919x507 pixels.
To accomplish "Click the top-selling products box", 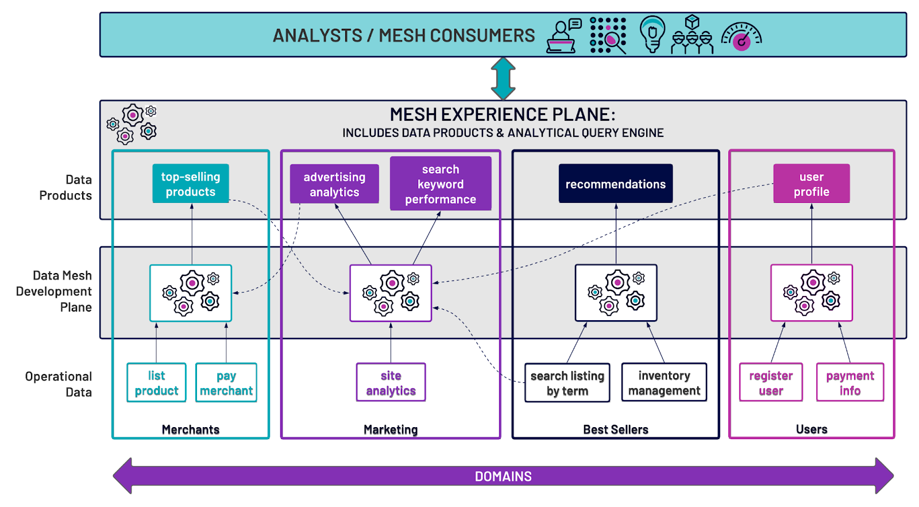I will tap(190, 184).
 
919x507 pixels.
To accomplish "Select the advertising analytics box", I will tap(334, 185).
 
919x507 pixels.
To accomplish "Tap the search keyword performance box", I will tap(441, 184).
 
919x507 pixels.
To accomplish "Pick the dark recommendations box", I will tap(615, 184).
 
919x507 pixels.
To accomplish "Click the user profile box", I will tap(811, 184).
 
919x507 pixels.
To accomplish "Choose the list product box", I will tap(156, 383).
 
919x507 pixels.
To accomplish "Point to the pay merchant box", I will tap(226, 383).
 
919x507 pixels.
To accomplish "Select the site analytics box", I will tap(391, 383).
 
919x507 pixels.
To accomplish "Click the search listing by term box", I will tap(567, 383).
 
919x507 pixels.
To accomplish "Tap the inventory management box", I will tap(664, 383).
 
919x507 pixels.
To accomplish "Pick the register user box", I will tap(770, 383).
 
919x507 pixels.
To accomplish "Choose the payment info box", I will tap(850, 383).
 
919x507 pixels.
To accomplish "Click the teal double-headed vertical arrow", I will tap(503, 79).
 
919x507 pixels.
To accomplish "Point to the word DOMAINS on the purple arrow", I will tap(503, 477).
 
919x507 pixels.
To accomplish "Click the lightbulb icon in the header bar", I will tap(652, 34).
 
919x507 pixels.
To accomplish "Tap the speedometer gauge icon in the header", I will tap(741, 37).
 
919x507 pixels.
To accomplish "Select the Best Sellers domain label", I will tap(615, 429).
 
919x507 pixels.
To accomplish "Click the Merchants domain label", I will tap(190, 429).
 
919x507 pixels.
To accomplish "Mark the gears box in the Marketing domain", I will tap(391, 293).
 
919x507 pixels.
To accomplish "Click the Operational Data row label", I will tap(58, 384).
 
